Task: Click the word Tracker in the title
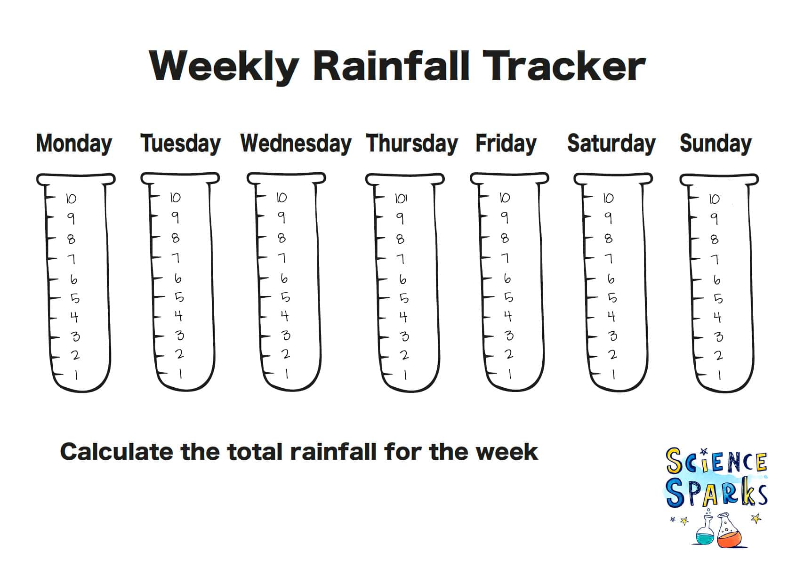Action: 564,66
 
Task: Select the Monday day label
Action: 74,144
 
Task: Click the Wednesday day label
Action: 296,144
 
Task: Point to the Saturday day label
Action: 611,144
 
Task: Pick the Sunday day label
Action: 715,144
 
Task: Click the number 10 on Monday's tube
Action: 71,199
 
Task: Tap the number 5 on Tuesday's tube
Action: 179,297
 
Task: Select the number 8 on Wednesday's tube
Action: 281,238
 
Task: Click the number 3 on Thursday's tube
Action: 404,336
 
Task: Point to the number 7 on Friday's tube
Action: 505,258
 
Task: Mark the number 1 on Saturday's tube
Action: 613,375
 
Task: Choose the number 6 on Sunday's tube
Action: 716,280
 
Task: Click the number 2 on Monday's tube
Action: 75,355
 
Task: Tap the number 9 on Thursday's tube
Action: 400,218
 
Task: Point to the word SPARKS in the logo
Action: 716,493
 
